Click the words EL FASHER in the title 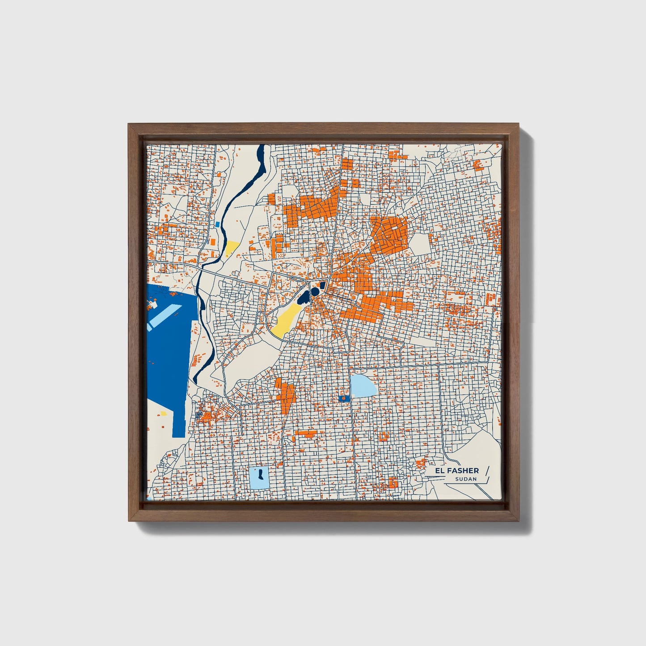(x=458, y=470)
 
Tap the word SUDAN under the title (x=466, y=479)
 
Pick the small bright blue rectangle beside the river (x=217, y=224)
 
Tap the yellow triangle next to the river (x=232, y=247)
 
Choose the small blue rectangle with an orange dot (x=344, y=397)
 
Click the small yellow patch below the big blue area (x=164, y=414)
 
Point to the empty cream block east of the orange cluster (x=419, y=243)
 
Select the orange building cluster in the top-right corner (x=478, y=165)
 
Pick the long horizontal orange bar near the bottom (x=306, y=433)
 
